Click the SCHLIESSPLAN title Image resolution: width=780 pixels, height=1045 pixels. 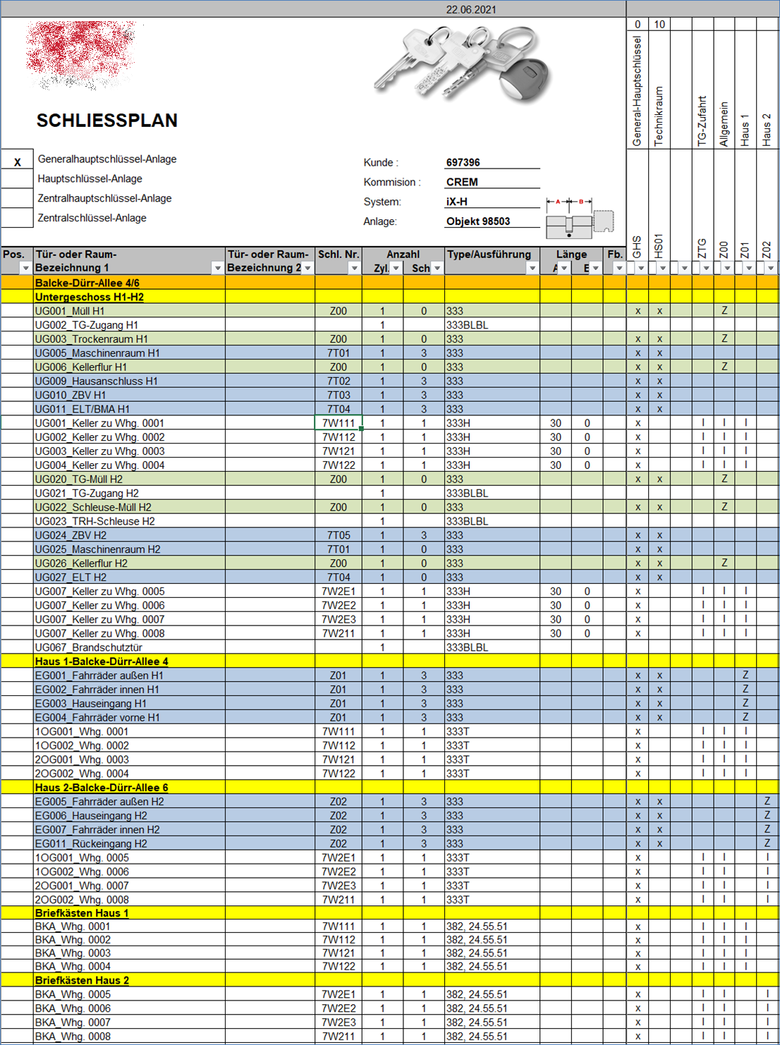pyautogui.click(x=106, y=121)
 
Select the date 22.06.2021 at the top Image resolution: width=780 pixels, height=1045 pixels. pyautogui.click(x=470, y=9)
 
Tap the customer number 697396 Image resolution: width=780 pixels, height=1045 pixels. pyautogui.click(x=463, y=162)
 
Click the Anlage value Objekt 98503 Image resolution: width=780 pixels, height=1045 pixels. pyautogui.click(x=477, y=221)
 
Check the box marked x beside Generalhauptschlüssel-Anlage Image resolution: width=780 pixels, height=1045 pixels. pyautogui.click(x=18, y=161)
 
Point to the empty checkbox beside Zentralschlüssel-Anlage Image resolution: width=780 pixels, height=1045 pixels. pyautogui.click(x=18, y=218)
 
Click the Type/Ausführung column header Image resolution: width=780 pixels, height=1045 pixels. pyautogui.click(x=488, y=255)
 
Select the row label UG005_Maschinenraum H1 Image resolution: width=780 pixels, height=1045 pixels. pyautogui.click(x=97, y=353)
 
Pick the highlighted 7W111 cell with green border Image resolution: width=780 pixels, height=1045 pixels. pyautogui.click(x=339, y=423)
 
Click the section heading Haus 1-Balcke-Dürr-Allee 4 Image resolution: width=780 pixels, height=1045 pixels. pyautogui.click(x=102, y=661)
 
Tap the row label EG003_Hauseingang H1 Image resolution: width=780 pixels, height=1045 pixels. pyautogui.click(x=91, y=703)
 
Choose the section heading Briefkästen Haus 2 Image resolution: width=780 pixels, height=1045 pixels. pyautogui.click(x=82, y=980)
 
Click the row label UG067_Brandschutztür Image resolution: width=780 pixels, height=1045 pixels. pyautogui.click(x=89, y=647)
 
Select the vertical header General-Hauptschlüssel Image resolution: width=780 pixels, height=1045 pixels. pyautogui.click(x=637, y=92)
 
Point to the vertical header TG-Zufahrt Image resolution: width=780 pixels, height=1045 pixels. pyautogui.click(x=702, y=121)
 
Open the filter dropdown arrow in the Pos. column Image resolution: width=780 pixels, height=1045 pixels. pyautogui.click(x=25, y=268)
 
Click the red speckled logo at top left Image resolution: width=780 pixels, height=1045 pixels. pyautogui.click(x=81, y=54)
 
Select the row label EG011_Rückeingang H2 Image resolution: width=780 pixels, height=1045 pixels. pyautogui.click(x=91, y=843)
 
